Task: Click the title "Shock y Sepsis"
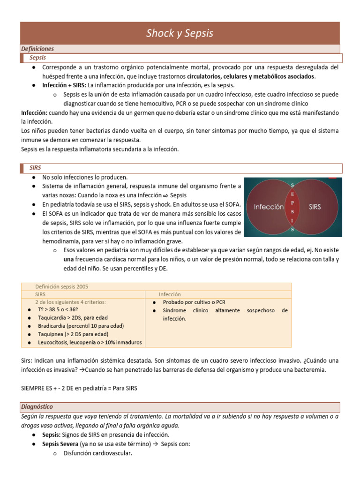point(180,33)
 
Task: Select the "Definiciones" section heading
point(37,49)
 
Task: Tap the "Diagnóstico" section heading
point(37,406)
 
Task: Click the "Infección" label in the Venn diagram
point(269,206)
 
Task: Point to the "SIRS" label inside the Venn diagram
point(315,206)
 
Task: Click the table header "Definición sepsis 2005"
point(61,286)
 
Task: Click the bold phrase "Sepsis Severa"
point(60,444)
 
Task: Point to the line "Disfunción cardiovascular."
point(98,453)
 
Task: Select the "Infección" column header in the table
point(170,294)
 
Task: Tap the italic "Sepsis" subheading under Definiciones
point(37,58)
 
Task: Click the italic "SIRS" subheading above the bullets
point(36,167)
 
